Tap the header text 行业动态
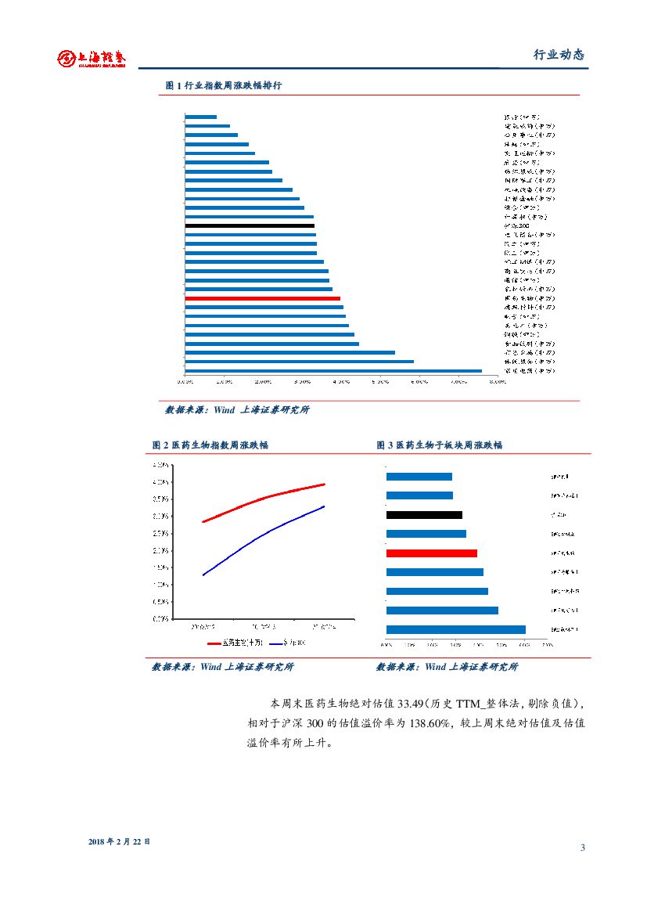tap(559, 55)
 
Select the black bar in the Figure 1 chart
tap(250, 225)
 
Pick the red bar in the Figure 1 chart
tap(263, 298)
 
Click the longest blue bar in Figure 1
tap(333, 371)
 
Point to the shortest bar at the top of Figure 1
tap(201, 117)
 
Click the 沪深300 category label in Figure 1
tap(517, 225)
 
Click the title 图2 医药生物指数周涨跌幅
tap(210, 445)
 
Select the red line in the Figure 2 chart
tap(266, 499)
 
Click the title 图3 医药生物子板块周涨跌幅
tap(439, 445)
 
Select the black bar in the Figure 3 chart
tap(424, 515)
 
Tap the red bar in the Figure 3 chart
tap(432, 553)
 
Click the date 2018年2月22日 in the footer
tap(120, 841)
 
